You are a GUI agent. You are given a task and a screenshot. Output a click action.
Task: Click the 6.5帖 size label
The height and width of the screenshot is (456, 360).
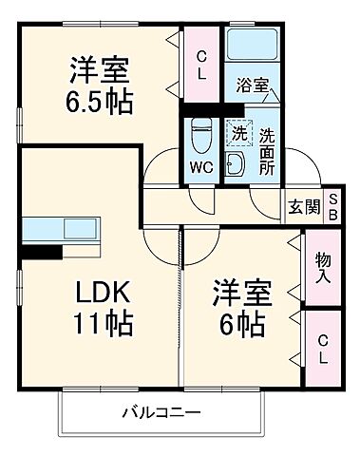pos(100,99)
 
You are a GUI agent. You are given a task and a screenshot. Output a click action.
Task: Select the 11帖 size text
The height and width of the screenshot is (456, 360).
pos(98,323)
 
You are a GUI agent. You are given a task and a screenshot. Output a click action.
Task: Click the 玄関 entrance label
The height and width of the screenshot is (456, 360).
pos(304,207)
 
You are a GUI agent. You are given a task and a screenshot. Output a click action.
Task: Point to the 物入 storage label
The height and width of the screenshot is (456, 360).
pos(323,269)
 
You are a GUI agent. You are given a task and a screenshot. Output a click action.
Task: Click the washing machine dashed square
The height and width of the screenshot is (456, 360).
pos(238,133)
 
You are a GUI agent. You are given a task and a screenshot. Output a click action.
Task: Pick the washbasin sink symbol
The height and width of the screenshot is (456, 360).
pos(238,162)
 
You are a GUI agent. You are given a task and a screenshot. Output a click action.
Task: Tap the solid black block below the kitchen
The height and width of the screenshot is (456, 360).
pos(41,252)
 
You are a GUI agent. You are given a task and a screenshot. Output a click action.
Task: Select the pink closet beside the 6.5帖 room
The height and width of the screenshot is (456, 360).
pos(201,65)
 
